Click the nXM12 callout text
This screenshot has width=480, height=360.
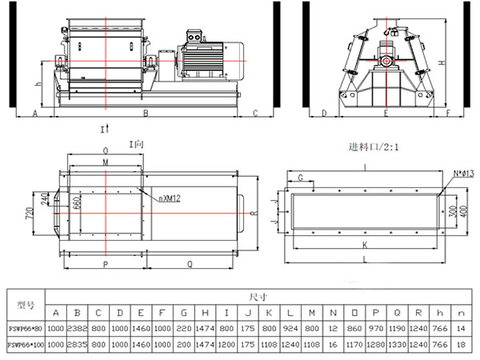tap(169, 196)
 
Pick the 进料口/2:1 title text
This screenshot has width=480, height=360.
tap(374, 147)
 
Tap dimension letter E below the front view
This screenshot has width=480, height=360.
tap(386, 114)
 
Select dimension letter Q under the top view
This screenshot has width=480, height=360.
tap(189, 262)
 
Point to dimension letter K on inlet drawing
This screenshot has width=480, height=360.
tap(364, 245)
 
